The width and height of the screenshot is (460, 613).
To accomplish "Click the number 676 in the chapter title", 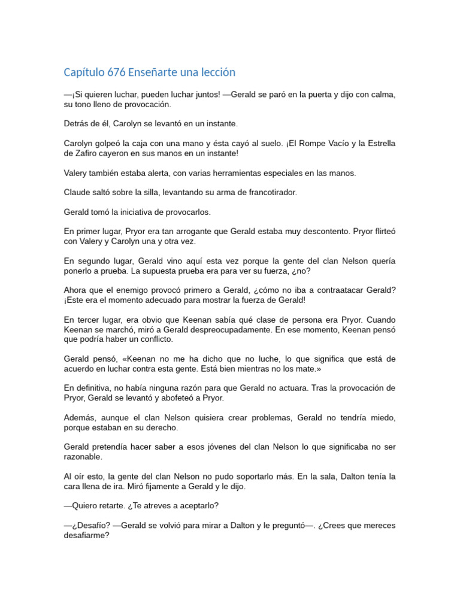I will click(x=117, y=72).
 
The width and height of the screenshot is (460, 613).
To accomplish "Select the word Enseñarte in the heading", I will click(x=155, y=72).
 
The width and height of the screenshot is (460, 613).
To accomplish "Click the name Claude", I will click(x=77, y=192).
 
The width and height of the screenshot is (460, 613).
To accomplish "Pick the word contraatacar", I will click(x=329, y=290).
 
